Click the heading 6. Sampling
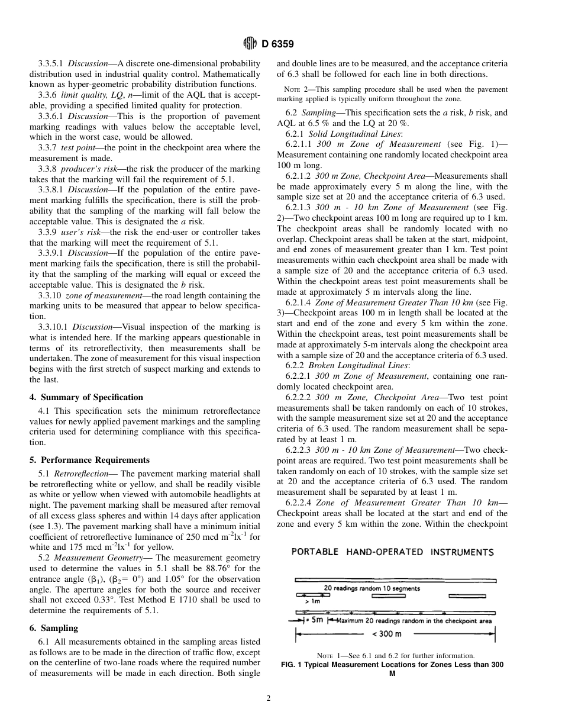[54, 628]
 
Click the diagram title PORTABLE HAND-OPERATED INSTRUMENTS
[392, 552]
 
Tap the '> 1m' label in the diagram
[304, 601]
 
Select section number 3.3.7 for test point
[47, 147]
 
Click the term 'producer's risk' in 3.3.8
[92, 169]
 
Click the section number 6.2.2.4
[299, 502]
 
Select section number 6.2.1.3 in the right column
[299, 207]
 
